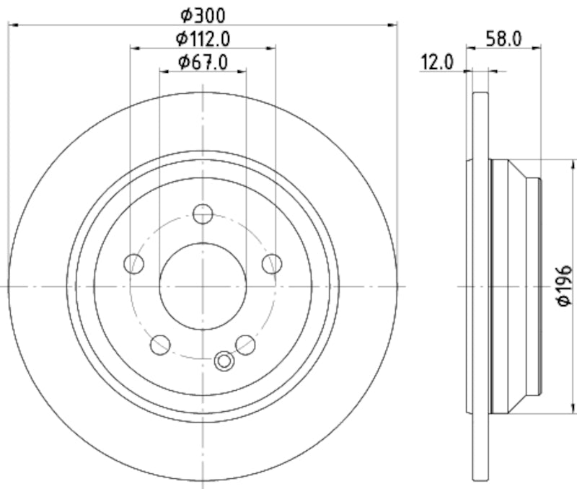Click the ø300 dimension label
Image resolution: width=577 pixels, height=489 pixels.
pos(203,14)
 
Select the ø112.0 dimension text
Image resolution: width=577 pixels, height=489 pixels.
pos(203,38)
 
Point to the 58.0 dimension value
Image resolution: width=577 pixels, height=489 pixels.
pos(503,40)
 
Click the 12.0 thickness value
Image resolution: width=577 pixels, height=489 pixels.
pos(436,63)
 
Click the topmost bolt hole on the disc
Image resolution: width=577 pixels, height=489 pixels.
pos(203,214)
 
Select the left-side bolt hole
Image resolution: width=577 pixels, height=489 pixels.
pos(134,264)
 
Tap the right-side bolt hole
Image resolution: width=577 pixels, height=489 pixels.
pos(272,264)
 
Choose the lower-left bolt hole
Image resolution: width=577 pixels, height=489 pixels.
pos(160,345)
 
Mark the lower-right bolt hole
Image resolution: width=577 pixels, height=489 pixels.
pos(246,345)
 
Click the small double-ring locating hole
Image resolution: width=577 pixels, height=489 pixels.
pos(224,360)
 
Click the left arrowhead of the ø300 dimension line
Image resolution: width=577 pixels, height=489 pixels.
pos(12,25)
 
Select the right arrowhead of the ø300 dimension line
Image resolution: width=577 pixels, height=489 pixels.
pos(393,25)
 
